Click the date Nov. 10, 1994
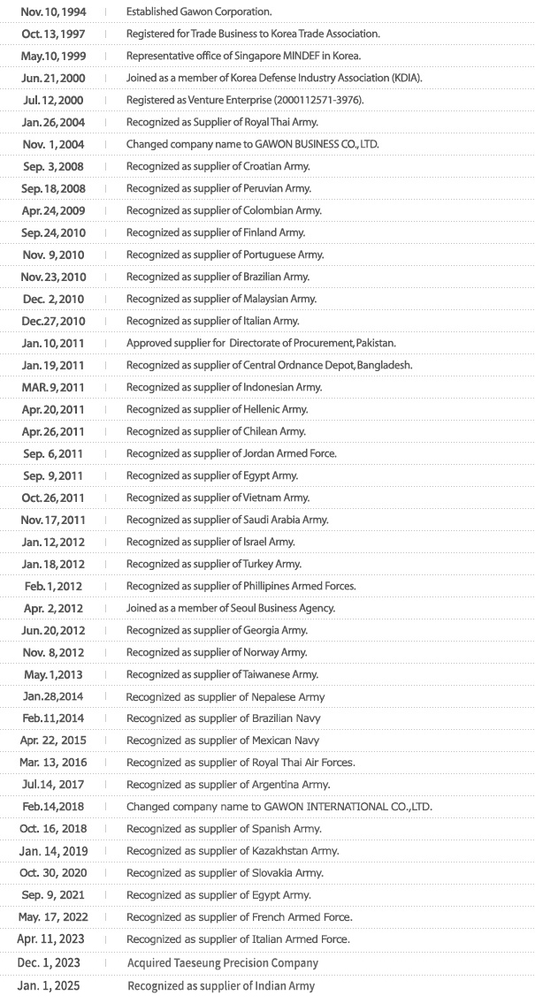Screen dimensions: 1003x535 52,11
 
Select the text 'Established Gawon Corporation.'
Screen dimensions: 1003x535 199,11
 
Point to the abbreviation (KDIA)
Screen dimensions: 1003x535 404,78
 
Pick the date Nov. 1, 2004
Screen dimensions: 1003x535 52,144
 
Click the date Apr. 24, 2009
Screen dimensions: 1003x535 52,210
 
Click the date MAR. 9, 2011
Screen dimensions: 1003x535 52,387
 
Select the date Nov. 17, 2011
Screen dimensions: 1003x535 52,520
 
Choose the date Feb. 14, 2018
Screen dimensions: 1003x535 52,807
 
